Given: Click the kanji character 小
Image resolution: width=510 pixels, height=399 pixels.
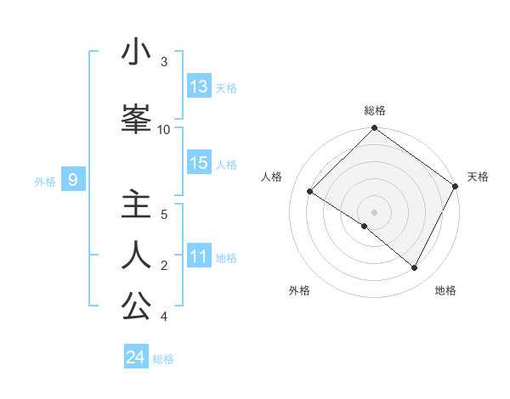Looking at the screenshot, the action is coord(136,53).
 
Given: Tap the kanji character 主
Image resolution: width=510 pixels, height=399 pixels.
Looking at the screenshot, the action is coord(136,205).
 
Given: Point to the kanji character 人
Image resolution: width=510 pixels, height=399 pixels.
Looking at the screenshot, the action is coord(136,256).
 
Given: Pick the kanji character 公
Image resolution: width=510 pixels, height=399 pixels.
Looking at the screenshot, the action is coord(136,306).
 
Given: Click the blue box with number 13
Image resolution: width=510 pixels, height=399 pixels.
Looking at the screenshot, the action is coord(199,87).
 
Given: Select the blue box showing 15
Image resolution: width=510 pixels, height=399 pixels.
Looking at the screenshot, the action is coord(199,163).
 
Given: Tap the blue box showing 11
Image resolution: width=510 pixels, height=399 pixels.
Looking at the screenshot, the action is coord(199,256).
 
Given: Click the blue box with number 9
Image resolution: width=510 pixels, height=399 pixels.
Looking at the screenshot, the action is coord(74,180).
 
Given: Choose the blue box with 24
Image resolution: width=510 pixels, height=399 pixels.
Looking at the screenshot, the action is coord(136,357).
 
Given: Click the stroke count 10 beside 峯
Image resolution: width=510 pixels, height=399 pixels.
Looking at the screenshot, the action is coord(164,129).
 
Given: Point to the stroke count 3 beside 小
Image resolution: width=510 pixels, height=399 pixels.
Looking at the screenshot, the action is coord(164,62).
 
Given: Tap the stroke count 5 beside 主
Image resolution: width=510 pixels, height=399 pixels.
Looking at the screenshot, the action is coord(164,214).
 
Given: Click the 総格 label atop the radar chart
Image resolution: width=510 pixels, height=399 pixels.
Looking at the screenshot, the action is coord(375,110).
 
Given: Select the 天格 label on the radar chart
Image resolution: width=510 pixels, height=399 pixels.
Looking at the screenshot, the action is coord(478,177).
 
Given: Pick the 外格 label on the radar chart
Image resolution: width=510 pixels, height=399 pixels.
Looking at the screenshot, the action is coord(299,290).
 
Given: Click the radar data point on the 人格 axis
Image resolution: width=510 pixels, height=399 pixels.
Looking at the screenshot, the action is coord(310,192).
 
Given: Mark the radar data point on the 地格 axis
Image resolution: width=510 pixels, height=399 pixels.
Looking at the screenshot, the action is coord(415,268).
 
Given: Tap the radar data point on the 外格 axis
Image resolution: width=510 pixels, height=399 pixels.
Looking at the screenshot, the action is coord(365,227).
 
